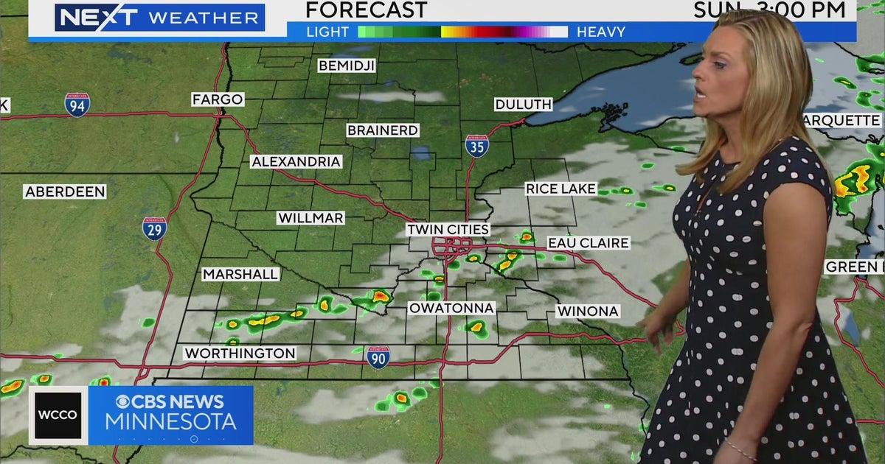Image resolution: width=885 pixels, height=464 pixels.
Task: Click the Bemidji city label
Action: click(x=347, y=66)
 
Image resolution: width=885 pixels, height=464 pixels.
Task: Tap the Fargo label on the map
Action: click(x=218, y=99)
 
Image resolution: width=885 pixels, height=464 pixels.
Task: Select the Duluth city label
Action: click(x=523, y=105)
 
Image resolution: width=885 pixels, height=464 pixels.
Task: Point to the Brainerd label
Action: click(x=383, y=130)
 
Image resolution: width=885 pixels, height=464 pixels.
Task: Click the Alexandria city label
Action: click(x=296, y=161)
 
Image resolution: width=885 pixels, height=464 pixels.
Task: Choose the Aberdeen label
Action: click(x=65, y=191)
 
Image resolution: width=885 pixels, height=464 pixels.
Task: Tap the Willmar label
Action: click(x=310, y=218)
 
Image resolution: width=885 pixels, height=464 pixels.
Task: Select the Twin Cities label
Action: click(x=448, y=230)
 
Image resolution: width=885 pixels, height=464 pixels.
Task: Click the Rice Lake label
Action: click(x=560, y=189)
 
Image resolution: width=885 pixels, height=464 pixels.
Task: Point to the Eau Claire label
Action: click(x=588, y=243)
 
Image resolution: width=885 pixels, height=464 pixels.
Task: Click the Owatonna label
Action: click(x=451, y=307)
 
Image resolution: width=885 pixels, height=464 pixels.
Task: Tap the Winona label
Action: click(x=587, y=312)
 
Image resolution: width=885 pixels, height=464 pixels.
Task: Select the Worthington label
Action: click(x=240, y=354)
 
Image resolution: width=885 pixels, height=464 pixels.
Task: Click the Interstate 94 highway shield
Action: click(x=77, y=105)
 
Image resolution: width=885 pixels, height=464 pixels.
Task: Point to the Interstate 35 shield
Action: click(x=476, y=146)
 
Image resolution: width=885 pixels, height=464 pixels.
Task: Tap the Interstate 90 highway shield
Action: click(x=378, y=357)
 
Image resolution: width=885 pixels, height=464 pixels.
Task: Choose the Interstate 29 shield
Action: click(x=155, y=228)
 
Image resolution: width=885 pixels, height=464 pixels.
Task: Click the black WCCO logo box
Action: click(x=58, y=415)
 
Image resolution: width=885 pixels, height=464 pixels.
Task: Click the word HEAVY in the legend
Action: click(x=601, y=32)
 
